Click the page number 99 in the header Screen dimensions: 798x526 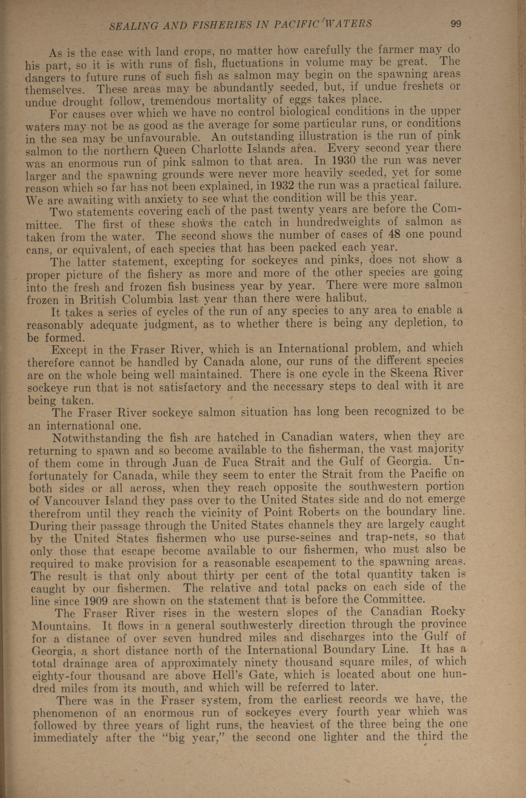456,24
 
